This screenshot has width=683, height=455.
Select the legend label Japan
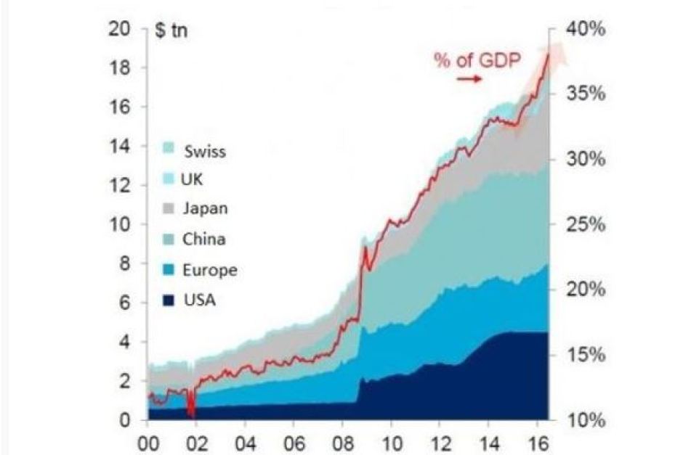(x=206, y=208)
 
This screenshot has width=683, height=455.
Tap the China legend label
(x=204, y=239)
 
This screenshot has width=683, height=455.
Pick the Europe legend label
(x=209, y=270)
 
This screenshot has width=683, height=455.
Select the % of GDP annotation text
(x=477, y=60)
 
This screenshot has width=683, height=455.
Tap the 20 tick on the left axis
(x=120, y=30)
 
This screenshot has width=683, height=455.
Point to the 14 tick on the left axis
(x=120, y=147)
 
